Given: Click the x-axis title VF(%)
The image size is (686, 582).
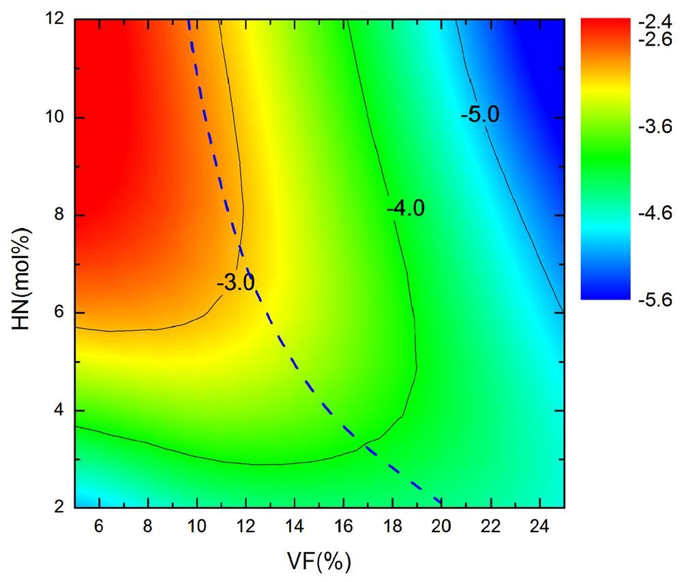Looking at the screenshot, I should click(x=319, y=561).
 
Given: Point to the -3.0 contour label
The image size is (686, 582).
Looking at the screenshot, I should click(x=236, y=282).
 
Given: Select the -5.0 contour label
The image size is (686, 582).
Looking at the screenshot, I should click(x=481, y=115).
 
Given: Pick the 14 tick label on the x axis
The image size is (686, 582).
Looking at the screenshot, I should click(x=295, y=527).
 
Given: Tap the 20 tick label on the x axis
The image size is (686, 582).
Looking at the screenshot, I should click(x=442, y=527).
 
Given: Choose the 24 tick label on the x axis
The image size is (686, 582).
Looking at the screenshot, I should click(x=539, y=527).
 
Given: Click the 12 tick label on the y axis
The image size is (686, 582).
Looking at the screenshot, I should click(x=56, y=20).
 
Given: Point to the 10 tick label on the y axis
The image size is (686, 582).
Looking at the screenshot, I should click(x=56, y=117).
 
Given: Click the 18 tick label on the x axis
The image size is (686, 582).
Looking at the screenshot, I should click(x=393, y=527).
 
